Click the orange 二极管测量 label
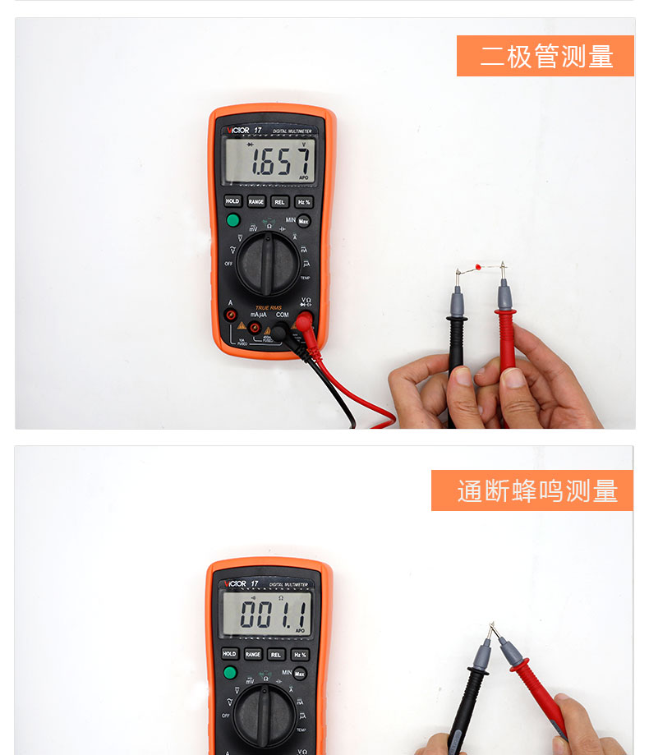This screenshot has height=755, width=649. click(x=545, y=56)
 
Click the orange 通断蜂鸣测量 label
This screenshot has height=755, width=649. click(x=532, y=490)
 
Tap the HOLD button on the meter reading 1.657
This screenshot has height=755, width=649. click(x=232, y=201)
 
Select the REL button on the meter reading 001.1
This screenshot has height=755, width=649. click(x=277, y=655)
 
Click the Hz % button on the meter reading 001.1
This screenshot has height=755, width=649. click(x=300, y=655)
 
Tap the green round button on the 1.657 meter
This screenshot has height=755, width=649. click(x=232, y=220)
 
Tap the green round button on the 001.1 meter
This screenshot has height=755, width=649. click(x=230, y=674)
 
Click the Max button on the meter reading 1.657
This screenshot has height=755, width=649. click(x=303, y=221)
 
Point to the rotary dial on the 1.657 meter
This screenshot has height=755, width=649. click(x=268, y=263)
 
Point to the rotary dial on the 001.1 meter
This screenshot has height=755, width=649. click(x=265, y=715)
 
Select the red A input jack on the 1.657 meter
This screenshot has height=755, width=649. click(x=232, y=315)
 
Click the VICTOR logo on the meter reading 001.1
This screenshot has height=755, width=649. click(x=234, y=584)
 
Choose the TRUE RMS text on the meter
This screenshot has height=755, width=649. click(x=268, y=307)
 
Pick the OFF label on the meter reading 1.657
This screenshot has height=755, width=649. click(x=228, y=264)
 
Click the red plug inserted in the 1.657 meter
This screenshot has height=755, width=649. click(x=305, y=323)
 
